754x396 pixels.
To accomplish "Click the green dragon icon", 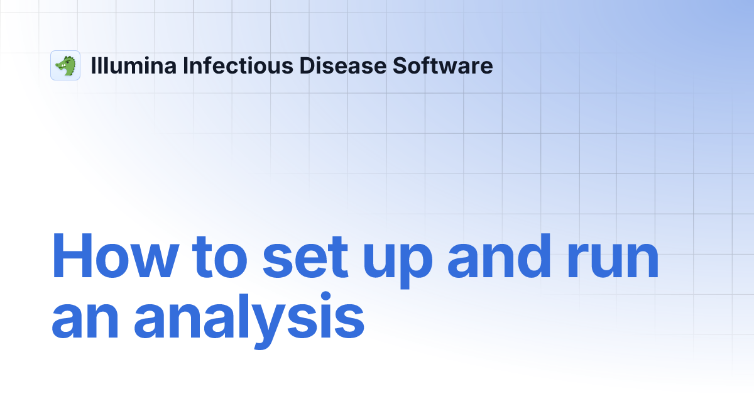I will (65, 65).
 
